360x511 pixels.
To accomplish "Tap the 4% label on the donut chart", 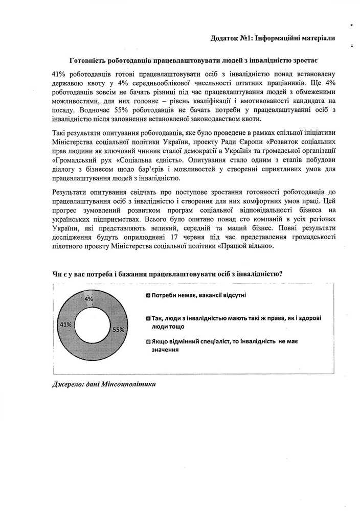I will (x=88, y=298).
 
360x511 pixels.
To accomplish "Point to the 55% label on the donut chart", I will (x=119, y=330).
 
